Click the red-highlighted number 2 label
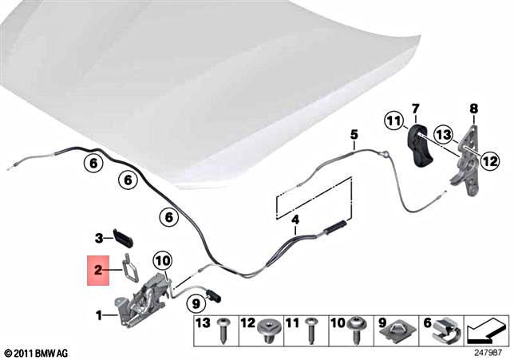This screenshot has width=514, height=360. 97,271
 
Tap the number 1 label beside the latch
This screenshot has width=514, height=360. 101,316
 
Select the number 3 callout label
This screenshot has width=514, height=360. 99,237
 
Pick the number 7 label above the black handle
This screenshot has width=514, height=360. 415,108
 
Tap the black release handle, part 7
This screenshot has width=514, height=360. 419,146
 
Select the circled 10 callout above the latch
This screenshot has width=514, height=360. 162,259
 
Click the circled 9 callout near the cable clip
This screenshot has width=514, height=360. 195,303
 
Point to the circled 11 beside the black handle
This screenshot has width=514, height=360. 393,121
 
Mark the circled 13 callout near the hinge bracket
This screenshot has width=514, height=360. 444,134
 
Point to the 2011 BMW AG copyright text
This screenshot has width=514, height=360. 36,352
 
